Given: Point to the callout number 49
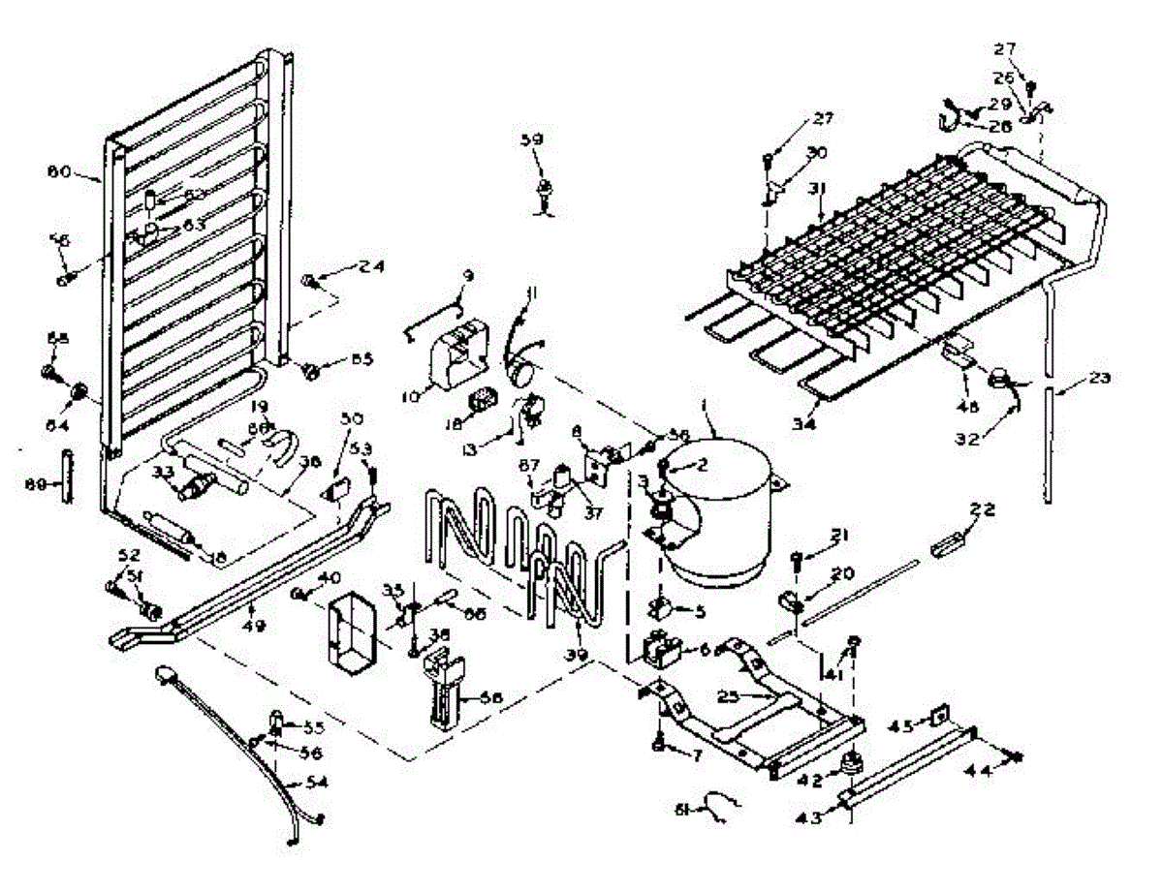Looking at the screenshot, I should (x=251, y=608).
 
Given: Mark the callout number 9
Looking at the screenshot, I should (x=468, y=276).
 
